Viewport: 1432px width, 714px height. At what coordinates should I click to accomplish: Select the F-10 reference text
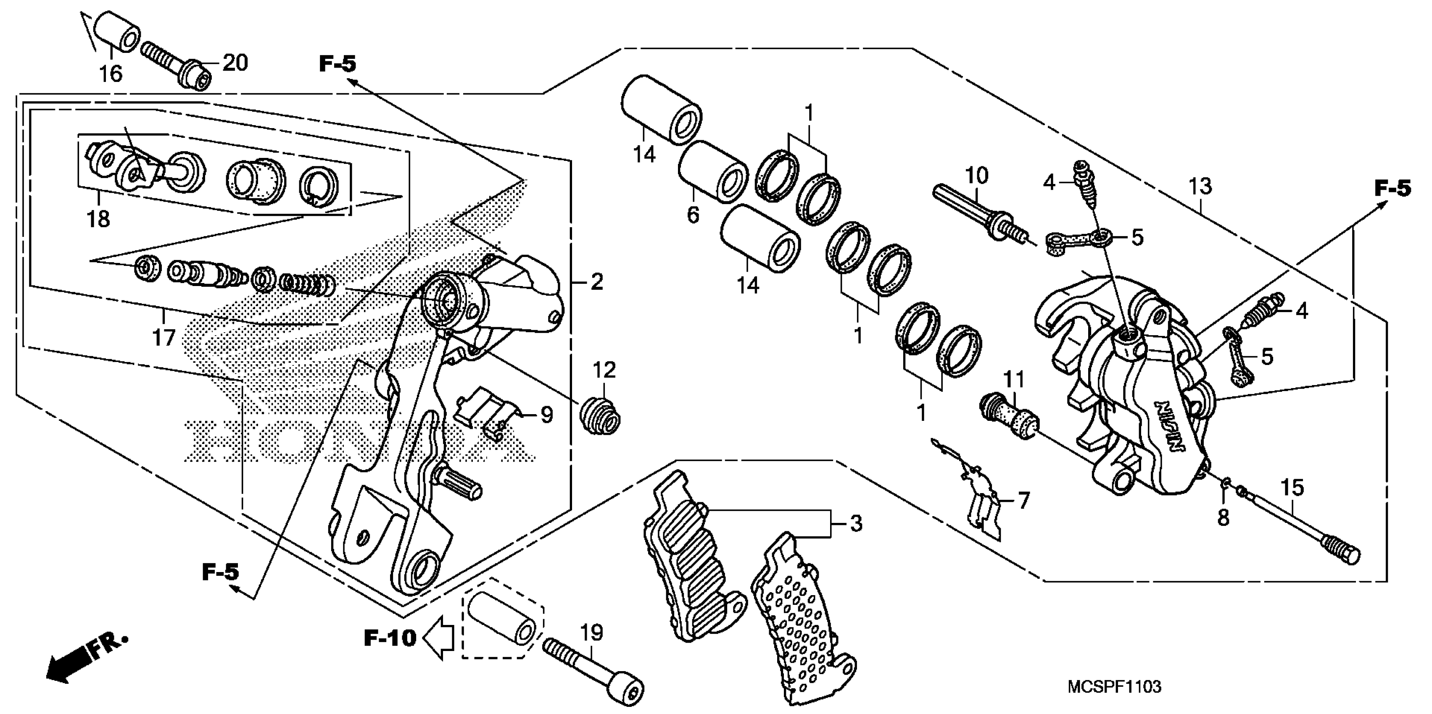[x=390, y=638]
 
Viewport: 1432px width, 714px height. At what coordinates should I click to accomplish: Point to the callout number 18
[x=98, y=219]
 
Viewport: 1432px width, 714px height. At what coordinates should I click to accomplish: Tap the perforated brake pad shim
[x=801, y=617]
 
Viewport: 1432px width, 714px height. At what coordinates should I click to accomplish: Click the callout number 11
[x=1013, y=381]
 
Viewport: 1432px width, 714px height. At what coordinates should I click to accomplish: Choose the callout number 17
[x=164, y=337]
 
